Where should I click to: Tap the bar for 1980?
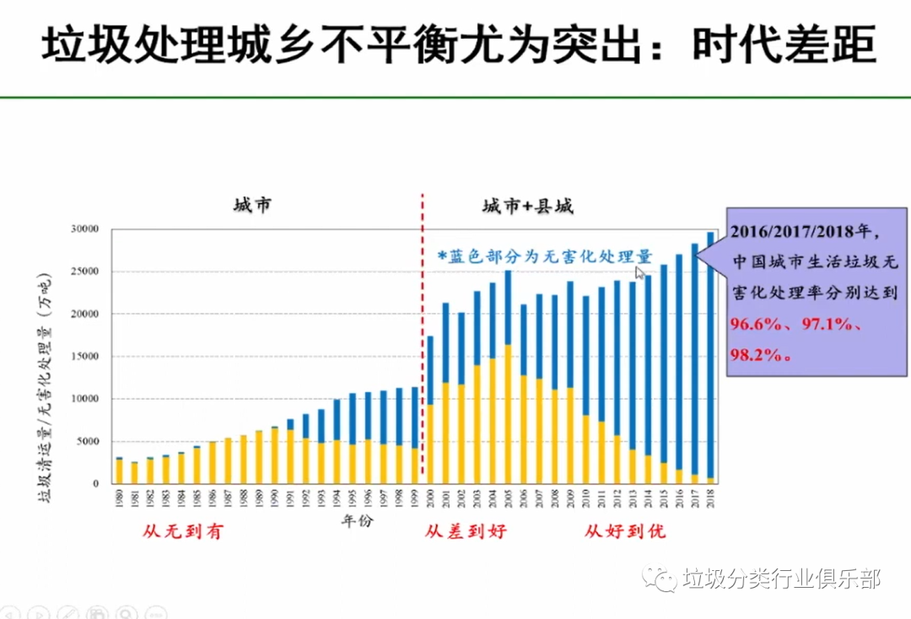coord(119,471)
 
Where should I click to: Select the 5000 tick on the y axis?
coord(87,442)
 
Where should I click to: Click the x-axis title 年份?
coord(357,520)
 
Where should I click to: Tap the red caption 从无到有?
coord(182,532)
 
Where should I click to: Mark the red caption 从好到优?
coord(625,532)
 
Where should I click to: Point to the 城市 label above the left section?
coord(253,206)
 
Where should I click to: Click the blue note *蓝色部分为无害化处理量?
coord(544,256)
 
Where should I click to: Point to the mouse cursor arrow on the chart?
coord(640,272)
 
